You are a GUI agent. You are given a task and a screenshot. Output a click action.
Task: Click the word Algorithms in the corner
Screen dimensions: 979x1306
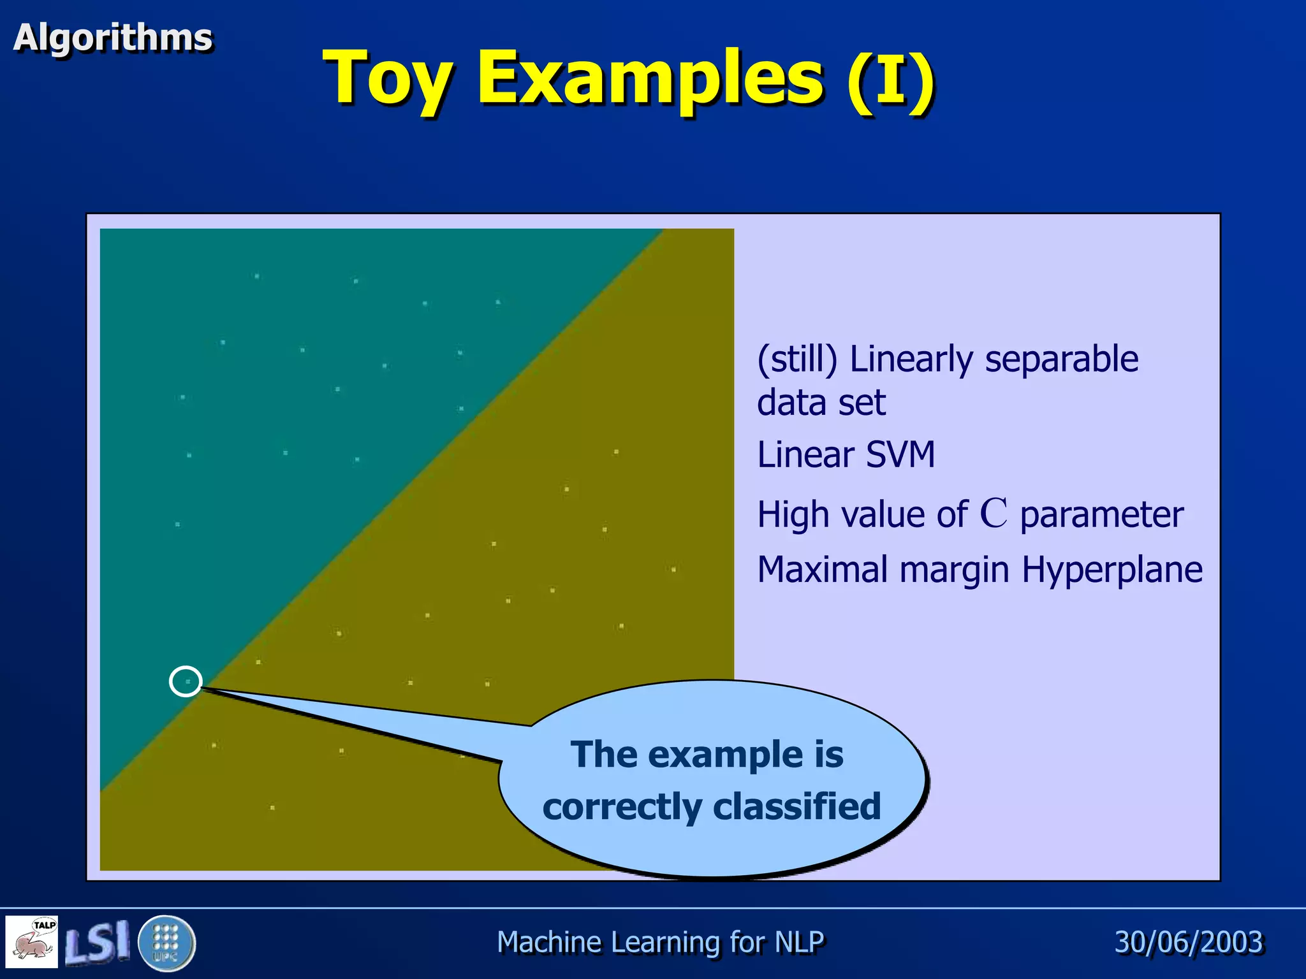tap(112, 38)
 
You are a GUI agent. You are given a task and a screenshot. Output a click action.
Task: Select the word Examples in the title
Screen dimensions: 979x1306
tap(650, 78)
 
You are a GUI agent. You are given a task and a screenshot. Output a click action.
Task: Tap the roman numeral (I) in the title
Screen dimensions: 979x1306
tap(891, 78)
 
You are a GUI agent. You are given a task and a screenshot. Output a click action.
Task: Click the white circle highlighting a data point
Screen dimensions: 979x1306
tap(186, 681)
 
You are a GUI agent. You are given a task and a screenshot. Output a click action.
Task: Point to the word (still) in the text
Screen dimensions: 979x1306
tap(797, 359)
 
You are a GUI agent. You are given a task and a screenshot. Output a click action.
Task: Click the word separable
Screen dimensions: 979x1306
tap(1061, 359)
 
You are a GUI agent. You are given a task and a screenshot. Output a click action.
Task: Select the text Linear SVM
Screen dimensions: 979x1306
tap(846, 455)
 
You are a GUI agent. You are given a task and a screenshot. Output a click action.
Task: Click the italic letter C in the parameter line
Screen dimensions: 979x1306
tap(993, 513)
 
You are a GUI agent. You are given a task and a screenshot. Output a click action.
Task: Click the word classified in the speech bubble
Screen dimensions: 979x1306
tap(796, 806)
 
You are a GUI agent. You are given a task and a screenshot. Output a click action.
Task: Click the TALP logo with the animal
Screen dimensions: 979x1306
tap(32, 941)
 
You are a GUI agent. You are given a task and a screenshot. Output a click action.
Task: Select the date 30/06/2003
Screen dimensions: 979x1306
tap(1189, 942)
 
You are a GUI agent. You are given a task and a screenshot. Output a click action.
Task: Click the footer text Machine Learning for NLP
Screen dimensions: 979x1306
tap(660, 942)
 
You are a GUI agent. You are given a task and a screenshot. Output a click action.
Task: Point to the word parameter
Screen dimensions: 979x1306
tap(1101, 515)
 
